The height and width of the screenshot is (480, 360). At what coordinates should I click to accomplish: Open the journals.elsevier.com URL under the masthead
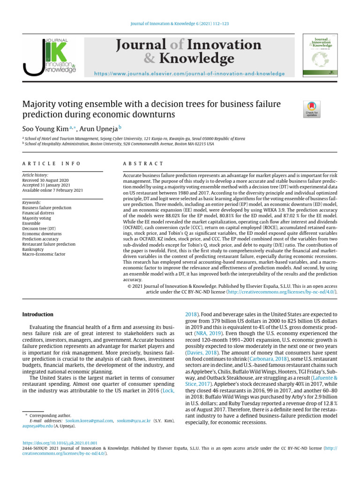(189, 74)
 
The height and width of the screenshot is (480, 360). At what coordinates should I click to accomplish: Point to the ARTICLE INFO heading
(52, 164)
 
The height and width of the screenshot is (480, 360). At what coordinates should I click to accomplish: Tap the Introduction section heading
(38, 314)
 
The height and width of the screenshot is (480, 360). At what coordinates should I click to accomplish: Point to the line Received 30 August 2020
(46, 180)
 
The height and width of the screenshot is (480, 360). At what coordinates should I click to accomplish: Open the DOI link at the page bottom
(60, 442)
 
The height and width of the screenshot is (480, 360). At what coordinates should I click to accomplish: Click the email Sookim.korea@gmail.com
(89, 421)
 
